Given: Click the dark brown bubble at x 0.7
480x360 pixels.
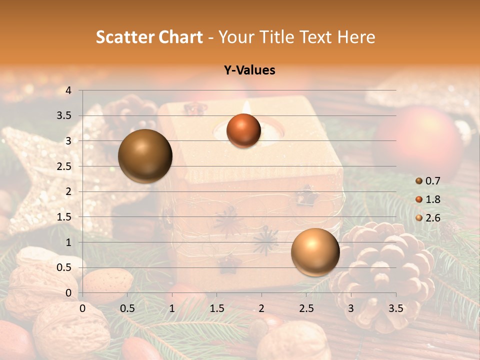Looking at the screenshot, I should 145,156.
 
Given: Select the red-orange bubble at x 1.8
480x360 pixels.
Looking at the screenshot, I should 243,130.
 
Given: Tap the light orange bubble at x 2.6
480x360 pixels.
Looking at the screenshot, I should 315,252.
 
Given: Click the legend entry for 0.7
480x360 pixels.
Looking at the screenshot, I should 428,180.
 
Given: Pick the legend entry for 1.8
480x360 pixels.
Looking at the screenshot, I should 428,199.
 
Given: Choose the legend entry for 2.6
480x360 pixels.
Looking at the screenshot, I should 428,217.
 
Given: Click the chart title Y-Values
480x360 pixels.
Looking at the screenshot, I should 249,70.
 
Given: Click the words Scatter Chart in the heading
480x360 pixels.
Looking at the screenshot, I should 149,37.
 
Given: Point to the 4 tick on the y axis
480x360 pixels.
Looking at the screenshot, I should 69,90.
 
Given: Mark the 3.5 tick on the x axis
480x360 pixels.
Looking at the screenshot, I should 395,308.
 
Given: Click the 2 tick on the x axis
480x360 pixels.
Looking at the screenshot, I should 261,308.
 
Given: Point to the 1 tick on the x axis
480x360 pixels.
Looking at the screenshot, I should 172,308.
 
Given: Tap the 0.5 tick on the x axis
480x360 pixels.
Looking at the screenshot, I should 127,308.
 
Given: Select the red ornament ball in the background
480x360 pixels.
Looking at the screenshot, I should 420,140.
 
